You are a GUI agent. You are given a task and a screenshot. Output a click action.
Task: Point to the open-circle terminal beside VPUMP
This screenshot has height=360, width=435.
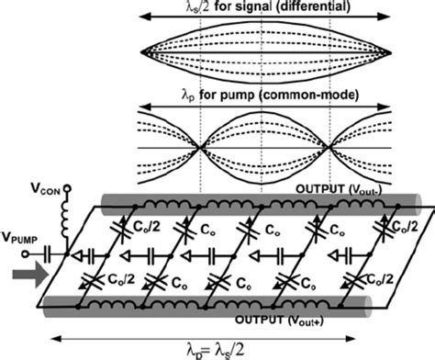point(55,248)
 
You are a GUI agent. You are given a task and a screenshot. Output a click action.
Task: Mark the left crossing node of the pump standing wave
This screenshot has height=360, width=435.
point(202,147)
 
